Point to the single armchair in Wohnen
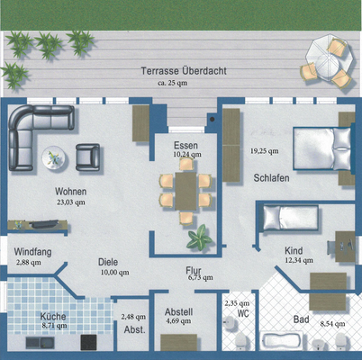pos(88,158)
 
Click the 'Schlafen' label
pos(270,178)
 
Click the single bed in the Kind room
pos(286,217)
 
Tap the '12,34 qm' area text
pos(294,260)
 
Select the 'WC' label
pos(242,314)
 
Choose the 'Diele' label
pos(109,262)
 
